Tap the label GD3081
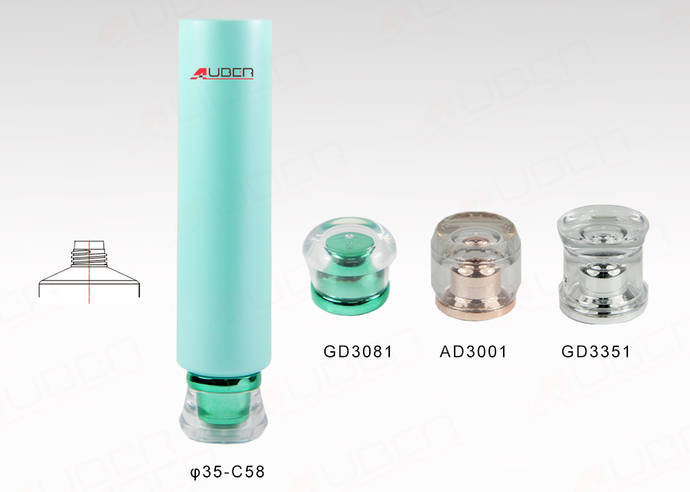[x=357, y=352]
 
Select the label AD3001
[x=473, y=352]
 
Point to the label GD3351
[x=596, y=352]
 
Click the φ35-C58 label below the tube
[x=227, y=472]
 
